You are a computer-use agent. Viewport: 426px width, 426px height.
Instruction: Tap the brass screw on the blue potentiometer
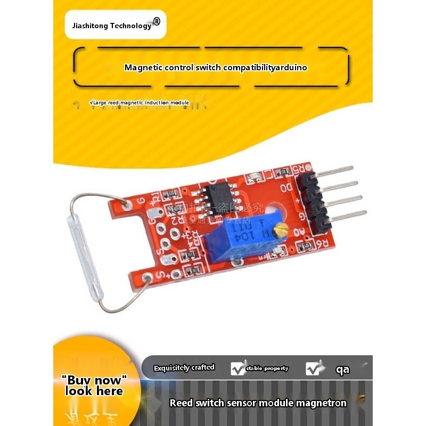tap(283, 230)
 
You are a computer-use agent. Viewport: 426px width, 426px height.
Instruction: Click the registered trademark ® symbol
tap(156, 22)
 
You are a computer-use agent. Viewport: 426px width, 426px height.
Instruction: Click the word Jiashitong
tap(89, 26)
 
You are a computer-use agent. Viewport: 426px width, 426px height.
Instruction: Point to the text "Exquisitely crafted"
tap(184, 368)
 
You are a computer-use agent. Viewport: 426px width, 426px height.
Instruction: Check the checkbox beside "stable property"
tap(237, 368)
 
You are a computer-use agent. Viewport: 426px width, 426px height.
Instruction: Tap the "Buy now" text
tap(94, 380)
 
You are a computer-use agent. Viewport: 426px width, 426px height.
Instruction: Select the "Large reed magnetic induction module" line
tap(140, 102)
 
